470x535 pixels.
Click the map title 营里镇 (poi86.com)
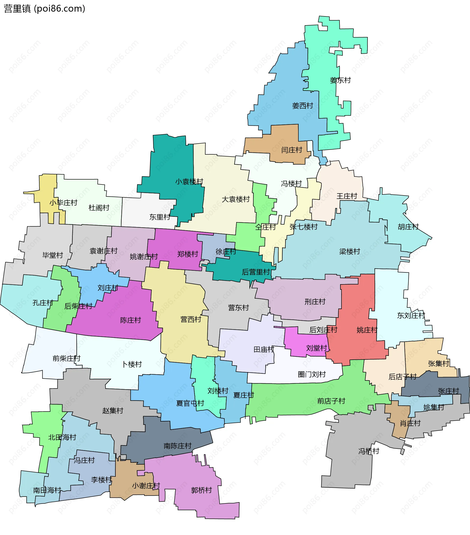pyautogui.click(x=45, y=9)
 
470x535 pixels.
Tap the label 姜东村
pyautogui.click(x=340, y=80)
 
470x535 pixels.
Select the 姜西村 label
pyautogui.click(x=303, y=106)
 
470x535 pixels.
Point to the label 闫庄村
pyautogui.click(x=292, y=150)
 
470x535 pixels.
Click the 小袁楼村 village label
pyautogui.click(x=189, y=182)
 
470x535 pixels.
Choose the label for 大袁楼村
pyautogui.click(x=236, y=199)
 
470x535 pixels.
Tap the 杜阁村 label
pyautogui.click(x=99, y=208)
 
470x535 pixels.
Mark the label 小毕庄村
pyautogui.click(x=64, y=203)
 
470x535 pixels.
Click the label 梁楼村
pyautogui.click(x=350, y=252)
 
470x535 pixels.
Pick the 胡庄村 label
pyautogui.click(x=408, y=227)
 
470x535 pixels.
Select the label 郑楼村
pyautogui.click(x=188, y=254)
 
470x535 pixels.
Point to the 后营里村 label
pyautogui.click(x=256, y=272)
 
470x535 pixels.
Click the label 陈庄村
pyautogui.click(x=130, y=320)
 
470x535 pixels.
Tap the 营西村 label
pyautogui.click(x=191, y=319)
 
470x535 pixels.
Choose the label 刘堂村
pyautogui.click(x=317, y=348)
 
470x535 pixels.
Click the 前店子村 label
pyautogui.click(x=331, y=401)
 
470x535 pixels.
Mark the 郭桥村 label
pyautogui.click(x=201, y=490)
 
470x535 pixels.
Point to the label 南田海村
pyautogui.click(x=47, y=490)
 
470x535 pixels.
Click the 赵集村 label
pyautogui.click(x=113, y=411)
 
